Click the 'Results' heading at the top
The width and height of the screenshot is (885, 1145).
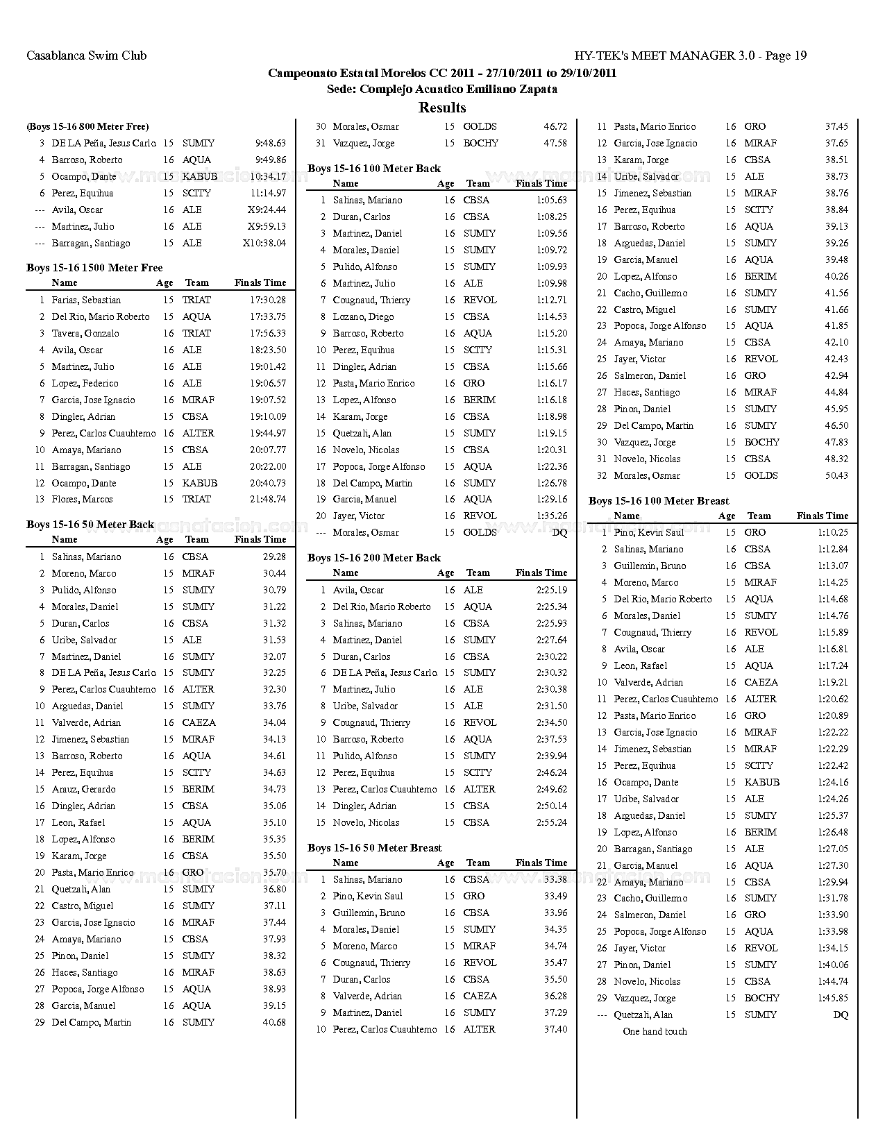click(442, 108)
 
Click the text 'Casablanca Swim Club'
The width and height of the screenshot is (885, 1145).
click(87, 56)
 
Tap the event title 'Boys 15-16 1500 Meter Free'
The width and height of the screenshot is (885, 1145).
click(94, 268)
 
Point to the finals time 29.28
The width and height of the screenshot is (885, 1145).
click(274, 557)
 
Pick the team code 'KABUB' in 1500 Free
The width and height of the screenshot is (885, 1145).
click(199, 483)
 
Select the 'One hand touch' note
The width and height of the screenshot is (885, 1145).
click(655, 1031)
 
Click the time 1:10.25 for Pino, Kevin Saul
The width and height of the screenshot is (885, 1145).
click(832, 532)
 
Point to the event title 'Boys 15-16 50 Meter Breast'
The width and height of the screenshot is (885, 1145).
click(374, 848)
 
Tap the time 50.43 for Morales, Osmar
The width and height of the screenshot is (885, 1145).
click(836, 475)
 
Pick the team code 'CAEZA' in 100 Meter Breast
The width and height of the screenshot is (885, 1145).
click(761, 682)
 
